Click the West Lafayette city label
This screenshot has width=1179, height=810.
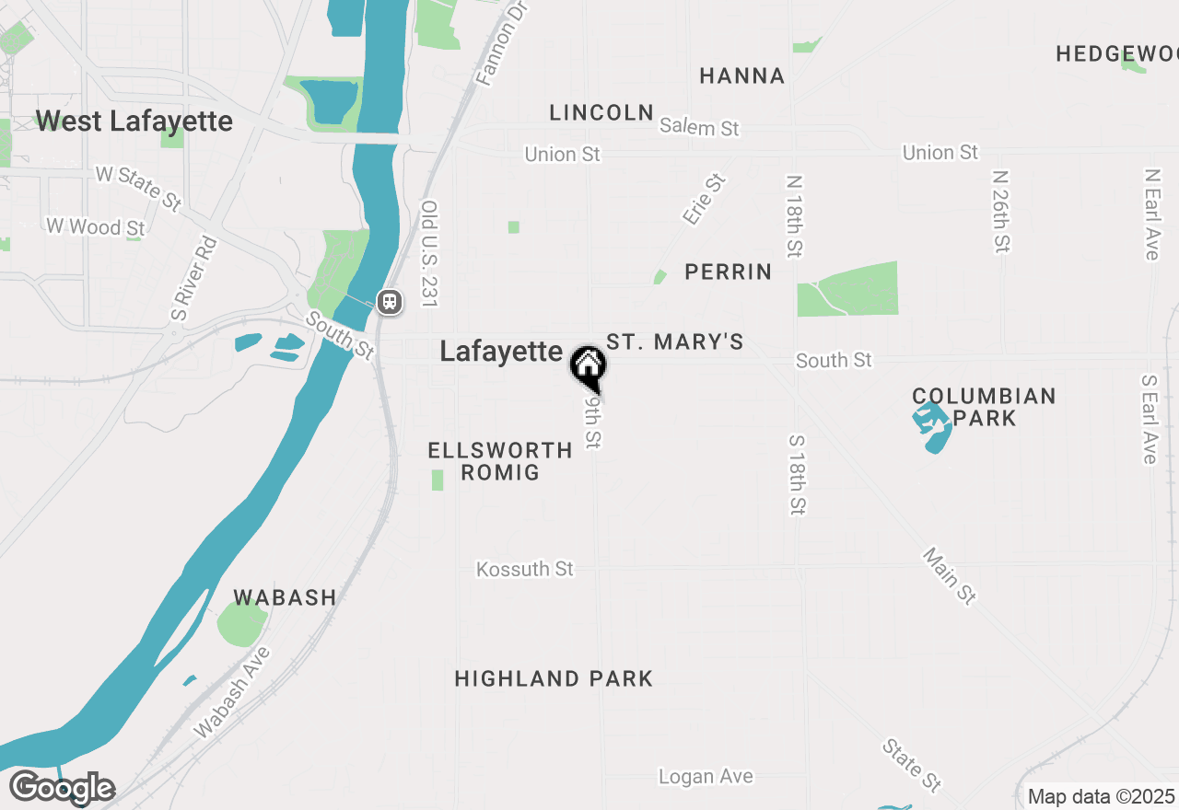[134, 121]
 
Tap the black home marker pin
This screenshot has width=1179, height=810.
[587, 365]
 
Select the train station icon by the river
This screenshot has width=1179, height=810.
[390, 301]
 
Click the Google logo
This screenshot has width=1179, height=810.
[62, 788]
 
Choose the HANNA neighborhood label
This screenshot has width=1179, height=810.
[741, 75]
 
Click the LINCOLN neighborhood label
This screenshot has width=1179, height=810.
[601, 112]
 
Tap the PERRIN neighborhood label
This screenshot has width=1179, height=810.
[728, 272]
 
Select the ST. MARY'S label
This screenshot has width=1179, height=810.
[674, 342]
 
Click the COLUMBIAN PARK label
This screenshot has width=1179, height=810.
[984, 407]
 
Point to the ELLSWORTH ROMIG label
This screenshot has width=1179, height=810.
[500, 461]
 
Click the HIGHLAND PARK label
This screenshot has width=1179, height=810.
[554, 679]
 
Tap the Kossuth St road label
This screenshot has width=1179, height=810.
[525, 570]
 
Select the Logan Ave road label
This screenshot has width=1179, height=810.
[706, 777]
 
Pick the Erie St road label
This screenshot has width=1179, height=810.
[705, 199]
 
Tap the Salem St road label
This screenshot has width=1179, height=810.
[699, 127]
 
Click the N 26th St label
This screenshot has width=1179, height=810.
[1001, 210]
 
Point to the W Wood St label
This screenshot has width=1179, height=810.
[95, 226]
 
